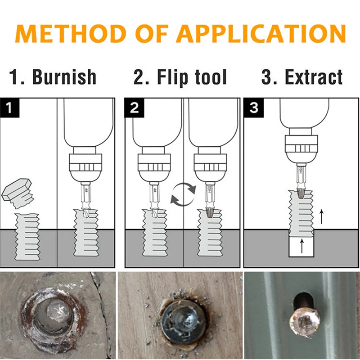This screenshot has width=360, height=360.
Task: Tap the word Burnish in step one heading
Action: coord(64,77)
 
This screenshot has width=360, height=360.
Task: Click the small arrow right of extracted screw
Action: coord(321,216)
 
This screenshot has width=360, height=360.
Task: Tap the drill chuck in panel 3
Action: coord(299,148)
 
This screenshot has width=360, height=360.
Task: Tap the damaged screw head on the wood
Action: coord(179,321)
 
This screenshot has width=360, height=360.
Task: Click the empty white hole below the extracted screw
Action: coord(301,247)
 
